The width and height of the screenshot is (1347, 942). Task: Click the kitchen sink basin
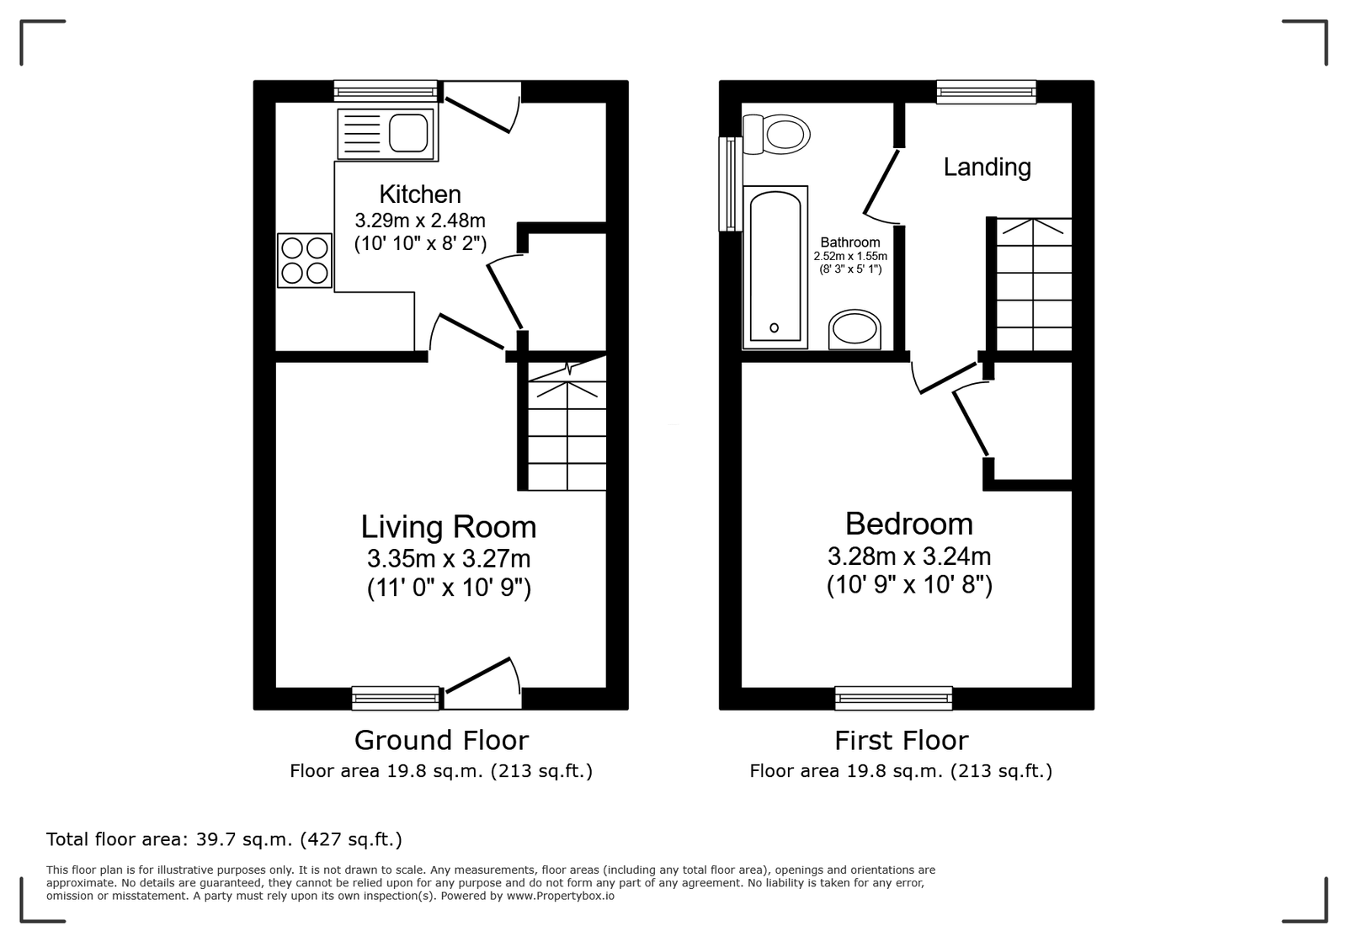pyautogui.click(x=408, y=133)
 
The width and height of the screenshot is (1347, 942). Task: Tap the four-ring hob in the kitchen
pyautogui.click(x=304, y=260)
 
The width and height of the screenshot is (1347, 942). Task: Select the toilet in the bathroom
pyautogui.click(x=776, y=134)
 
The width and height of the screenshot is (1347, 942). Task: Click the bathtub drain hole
pyautogui.click(x=774, y=327)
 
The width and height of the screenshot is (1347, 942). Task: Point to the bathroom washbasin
pyautogui.click(x=855, y=329)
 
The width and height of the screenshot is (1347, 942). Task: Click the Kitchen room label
pyautogui.click(x=420, y=194)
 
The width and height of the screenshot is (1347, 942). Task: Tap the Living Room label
pyautogui.click(x=449, y=527)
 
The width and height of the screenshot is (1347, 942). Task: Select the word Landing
pyautogui.click(x=987, y=167)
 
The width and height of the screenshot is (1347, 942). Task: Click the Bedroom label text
pyautogui.click(x=908, y=524)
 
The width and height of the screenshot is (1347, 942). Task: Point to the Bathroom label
pyautogui.click(x=849, y=242)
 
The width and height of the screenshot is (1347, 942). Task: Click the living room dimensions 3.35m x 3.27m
pyautogui.click(x=449, y=559)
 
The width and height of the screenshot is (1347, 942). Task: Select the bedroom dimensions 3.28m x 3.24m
pyautogui.click(x=908, y=556)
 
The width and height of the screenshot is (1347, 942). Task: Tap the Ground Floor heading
pyautogui.click(x=441, y=740)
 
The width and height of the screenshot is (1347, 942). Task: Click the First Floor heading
pyautogui.click(x=902, y=740)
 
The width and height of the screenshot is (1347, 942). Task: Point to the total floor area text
pyautogui.click(x=224, y=839)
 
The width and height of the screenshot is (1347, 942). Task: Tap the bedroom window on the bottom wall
pyautogui.click(x=893, y=698)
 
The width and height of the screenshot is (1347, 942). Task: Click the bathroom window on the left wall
pyautogui.click(x=731, y=184)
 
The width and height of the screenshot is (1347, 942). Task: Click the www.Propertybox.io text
pyautogui.click(x=561, y=896)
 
